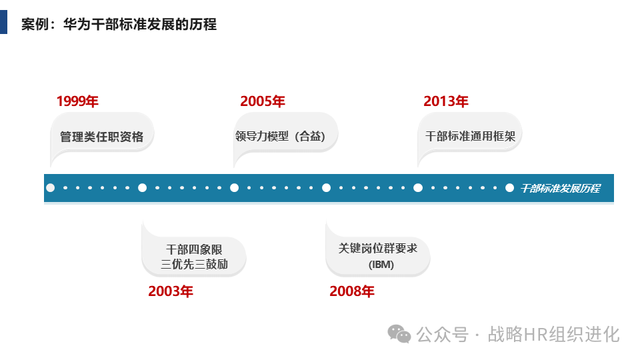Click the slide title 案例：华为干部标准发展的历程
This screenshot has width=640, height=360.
click(x=119, y=25)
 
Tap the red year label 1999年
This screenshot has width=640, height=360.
click(x=77, y=101)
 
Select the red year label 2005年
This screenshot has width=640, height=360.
click(x=262, y=101)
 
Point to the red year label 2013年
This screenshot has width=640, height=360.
click(x=445, y=101)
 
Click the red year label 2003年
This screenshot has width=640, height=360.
click(x=170, y=291)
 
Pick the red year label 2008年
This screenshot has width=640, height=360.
click(x=351, y=291)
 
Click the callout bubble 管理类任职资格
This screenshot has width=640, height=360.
click(x=102, y=137)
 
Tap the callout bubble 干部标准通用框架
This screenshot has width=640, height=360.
click(x=470, y=136)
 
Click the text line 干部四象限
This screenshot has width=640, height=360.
click(x=194, y=250)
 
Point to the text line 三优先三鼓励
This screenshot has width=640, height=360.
click(x=194, y=264)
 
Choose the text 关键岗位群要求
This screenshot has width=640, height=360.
click(x=377, y=249)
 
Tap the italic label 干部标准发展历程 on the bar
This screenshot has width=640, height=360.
click(x=560, y=188)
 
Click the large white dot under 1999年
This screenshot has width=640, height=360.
click(x=51, y=188)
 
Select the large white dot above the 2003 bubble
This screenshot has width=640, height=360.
click(x=142, y=188)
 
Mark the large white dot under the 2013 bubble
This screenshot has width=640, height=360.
click(x=418, y=188)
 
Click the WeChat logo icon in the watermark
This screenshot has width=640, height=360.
click(x=400, y=333)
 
